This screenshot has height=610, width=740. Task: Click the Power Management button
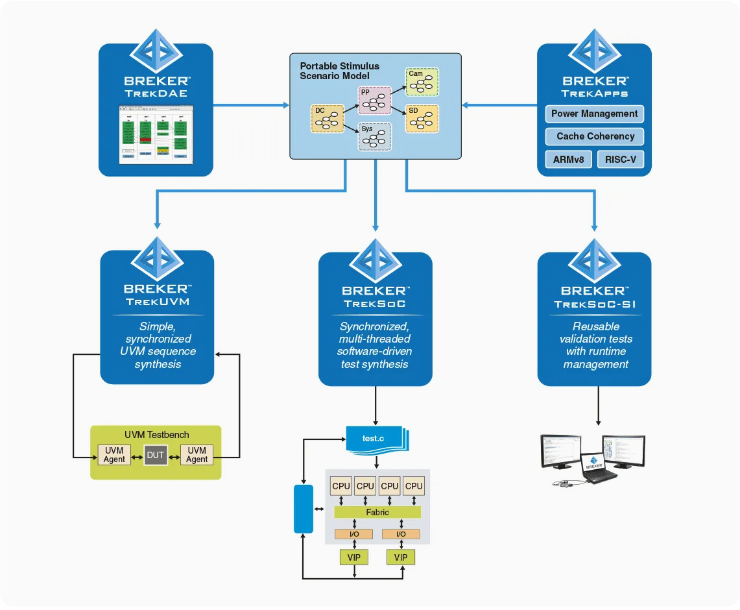pyautogui.click(x=594, y=114)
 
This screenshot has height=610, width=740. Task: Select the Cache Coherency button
pyautogui.click(x=594, y=136)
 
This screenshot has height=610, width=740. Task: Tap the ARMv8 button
pyautogui.click(x=568, y=159)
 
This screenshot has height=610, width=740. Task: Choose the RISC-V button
pyautogui.click(x=621, y=159)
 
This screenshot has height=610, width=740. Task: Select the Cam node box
pyautogui.click(x=422, y=82)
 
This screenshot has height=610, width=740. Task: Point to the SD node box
pyautogui.click(x=422, y=119)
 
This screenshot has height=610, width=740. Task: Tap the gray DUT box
pyautogui.click(x=156, y=455)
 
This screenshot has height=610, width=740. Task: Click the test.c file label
pyautogui.click(x=373, y=439)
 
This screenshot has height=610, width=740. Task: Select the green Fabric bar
pyautogui.click(x=377, y=512)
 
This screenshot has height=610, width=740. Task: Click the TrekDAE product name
pyautogui.click(x=156, y=93)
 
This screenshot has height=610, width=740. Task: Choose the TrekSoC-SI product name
pyautogui.click(x=594, y=304)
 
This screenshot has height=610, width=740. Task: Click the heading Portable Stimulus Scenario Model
pyautogui.click(x=340, y=71)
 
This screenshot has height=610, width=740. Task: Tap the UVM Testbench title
pyautogui.click(x=156, y=434)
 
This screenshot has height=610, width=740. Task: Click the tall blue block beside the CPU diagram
pyautogui.click(x=304, y=509)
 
